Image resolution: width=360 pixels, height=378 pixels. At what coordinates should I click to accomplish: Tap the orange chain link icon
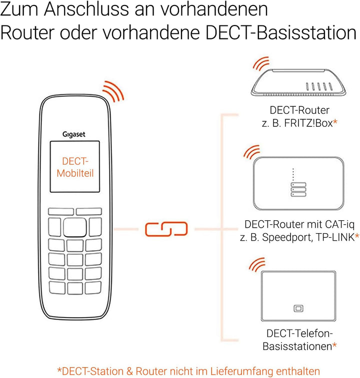166,229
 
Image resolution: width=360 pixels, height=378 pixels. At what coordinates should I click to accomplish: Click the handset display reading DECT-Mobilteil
75,167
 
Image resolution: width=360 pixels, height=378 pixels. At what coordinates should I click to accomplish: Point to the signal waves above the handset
113,91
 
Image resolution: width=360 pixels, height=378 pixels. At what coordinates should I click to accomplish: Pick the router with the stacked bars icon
299,184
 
